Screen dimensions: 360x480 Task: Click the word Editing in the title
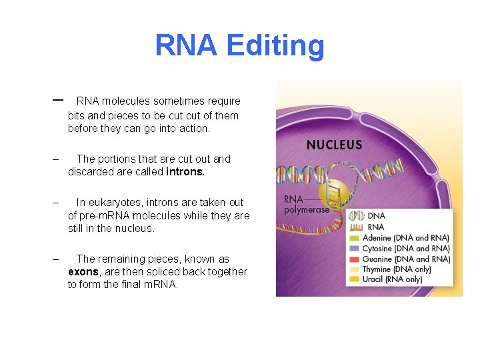pos(275,46)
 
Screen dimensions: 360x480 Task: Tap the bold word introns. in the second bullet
pos(185,172)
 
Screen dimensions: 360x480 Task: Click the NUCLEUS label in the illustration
pos(334,145)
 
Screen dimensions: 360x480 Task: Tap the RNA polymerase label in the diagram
pos(306,204)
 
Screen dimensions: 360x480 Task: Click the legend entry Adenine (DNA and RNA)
pos(405,238)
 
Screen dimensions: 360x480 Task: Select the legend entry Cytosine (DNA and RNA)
pos(405,249)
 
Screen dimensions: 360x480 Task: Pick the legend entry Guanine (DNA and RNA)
pos(405,259)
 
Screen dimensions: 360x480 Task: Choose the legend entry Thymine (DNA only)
pos(397,269)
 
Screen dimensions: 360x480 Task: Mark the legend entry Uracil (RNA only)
pos(392,279)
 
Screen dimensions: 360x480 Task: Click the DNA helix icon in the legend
pos(356,216)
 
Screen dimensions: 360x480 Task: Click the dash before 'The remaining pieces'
pos(56,259)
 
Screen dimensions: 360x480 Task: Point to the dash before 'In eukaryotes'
pos(56,203)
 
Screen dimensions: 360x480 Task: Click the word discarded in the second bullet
pos(91,172)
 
